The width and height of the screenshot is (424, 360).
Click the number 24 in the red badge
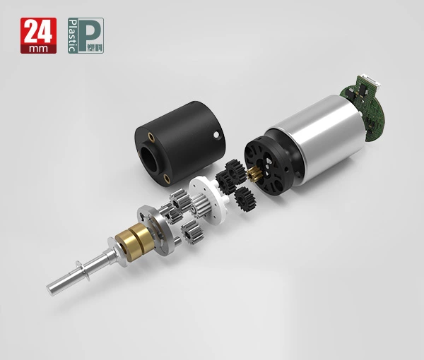pos(38,32)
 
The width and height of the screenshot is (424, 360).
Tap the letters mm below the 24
pos(38,48)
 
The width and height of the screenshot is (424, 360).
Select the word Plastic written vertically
pos(72,35)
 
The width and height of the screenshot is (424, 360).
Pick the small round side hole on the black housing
pos(216,134)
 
